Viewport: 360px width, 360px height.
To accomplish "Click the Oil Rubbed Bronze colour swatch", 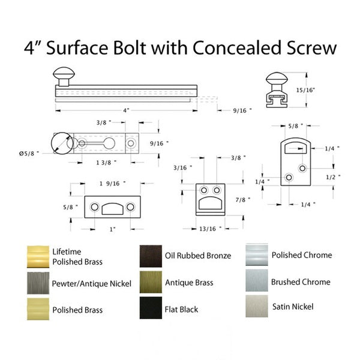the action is tap(151, 256).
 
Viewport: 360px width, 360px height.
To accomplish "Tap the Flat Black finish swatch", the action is tap(151, 308).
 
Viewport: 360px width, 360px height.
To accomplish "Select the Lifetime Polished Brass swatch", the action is tap(38, 257).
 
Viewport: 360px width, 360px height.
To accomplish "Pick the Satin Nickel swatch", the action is tap(257, 306).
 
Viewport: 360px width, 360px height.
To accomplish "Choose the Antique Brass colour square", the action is tap(151, 282).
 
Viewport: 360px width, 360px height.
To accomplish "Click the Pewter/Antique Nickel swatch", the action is tap(38, 283).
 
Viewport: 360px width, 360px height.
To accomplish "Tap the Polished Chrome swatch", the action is tap(257, 255).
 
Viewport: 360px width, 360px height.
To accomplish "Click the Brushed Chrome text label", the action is tap(301, 282).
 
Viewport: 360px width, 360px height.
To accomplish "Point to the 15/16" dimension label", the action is tap(305, 90).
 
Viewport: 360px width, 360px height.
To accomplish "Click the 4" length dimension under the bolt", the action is tap(126, 110).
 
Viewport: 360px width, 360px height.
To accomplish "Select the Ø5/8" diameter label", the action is tap(29, 154).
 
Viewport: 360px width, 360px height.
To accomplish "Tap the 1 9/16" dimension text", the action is tap(113, 184).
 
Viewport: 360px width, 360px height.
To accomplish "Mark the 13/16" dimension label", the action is tap(211, 229).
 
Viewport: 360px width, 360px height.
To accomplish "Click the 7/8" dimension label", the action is tap(242, 200).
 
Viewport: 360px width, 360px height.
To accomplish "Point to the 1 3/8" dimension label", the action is tap(106, 163).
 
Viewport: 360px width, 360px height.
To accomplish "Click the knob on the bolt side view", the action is tap(64, 76).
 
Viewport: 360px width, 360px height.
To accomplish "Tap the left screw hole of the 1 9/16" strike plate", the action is tap(95, 207).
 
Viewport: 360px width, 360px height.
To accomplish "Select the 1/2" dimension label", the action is tap(333, 177).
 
